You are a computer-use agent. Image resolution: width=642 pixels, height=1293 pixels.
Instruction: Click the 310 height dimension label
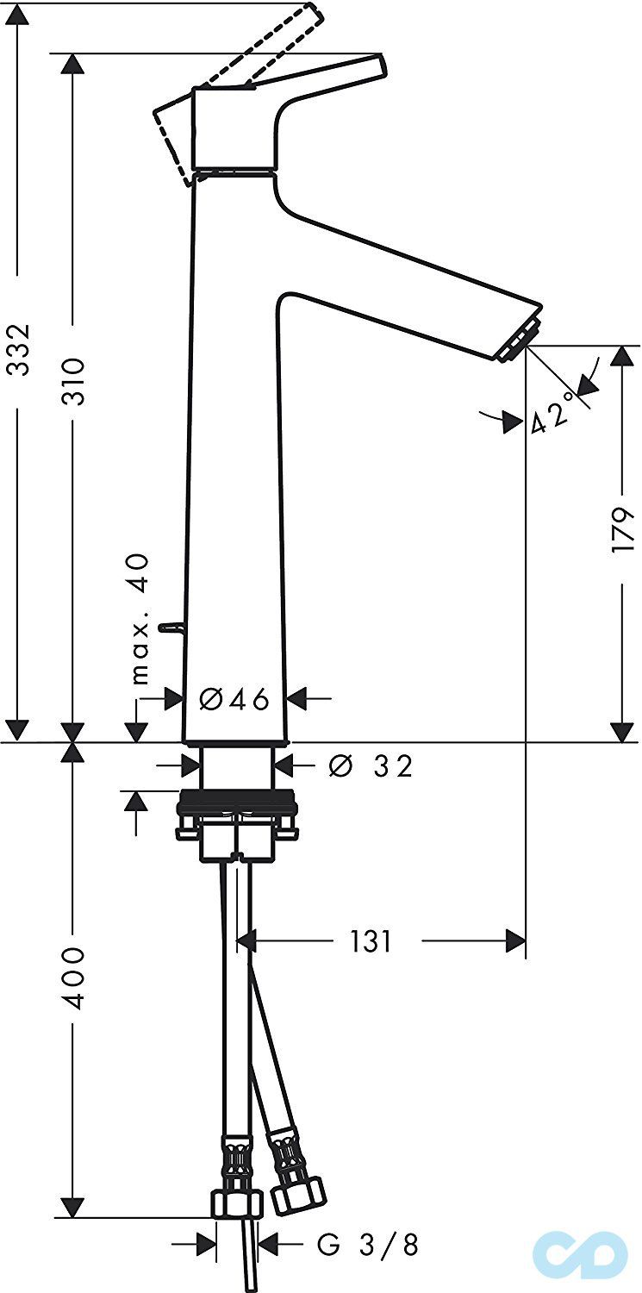point(75,381)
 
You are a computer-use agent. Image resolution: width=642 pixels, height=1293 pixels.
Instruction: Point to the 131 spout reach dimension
point(371,941)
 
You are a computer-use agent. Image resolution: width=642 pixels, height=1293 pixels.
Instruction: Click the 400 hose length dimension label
point(75,978)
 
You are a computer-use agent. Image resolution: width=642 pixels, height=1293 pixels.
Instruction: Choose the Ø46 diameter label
point(234,698)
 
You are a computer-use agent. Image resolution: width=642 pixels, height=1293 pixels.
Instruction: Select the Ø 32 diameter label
point(371,765)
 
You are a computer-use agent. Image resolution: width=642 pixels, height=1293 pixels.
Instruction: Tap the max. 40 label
point(140,618)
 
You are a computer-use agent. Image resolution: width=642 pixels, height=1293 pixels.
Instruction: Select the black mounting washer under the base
point(236,809)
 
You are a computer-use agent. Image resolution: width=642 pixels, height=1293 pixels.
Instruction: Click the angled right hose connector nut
point(297,1193)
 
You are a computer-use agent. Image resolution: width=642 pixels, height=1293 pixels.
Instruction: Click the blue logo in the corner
point(580,1254)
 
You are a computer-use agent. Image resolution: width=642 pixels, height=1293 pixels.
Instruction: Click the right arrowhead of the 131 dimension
point(516,941)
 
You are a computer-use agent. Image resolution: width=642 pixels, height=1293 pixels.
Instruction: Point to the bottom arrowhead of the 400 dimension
point(74,1207)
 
